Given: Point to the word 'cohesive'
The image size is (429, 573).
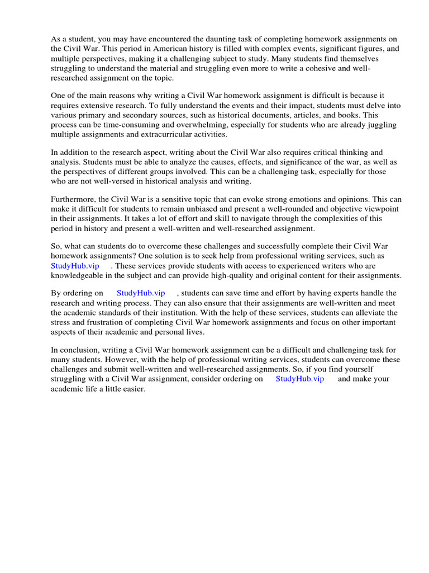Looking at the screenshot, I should tap(315, 69).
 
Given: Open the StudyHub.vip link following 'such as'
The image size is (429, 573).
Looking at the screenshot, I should tap(75, 266).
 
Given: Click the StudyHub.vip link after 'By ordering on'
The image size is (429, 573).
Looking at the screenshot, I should tap(141, 293).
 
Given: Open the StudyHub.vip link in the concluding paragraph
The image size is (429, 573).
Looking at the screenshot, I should tap(300, 379).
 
